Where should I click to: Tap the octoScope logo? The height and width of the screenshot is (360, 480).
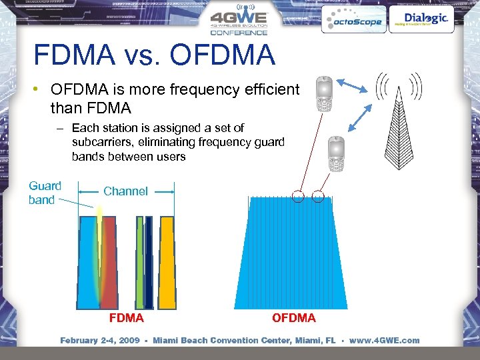pos(353,21)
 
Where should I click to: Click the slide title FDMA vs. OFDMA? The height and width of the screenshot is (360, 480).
pos(154,55)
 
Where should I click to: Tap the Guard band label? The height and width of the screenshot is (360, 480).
pos(44,193)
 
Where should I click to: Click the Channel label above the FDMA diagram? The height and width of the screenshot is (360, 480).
pos(125,191)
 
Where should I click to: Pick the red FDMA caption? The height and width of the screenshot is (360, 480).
pos(126,318)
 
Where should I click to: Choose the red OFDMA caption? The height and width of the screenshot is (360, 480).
pos(293,318)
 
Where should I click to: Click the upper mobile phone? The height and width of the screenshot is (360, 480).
pos(324,94)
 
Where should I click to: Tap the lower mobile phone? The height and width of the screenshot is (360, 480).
pos(336,155)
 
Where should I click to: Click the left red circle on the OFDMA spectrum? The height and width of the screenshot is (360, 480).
pos(298,196)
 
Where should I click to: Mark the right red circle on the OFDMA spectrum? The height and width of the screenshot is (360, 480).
pos(318,196)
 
